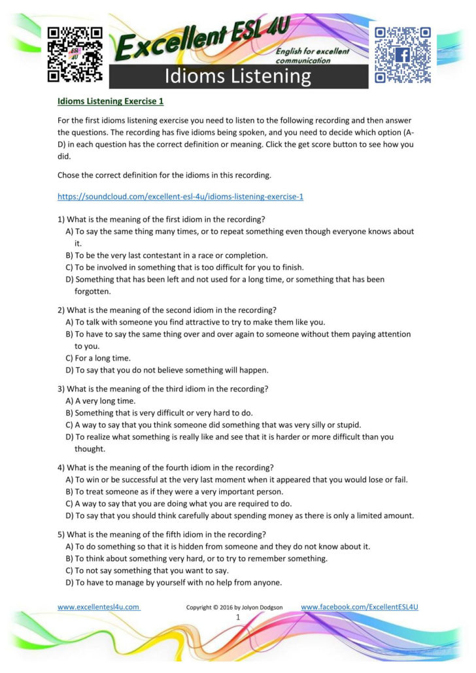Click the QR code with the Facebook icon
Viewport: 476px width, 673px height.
coord(402,55)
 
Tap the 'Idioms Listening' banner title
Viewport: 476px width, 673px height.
coord(238,76)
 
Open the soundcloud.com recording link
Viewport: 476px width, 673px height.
coord(180,196)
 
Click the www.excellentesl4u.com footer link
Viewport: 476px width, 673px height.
coord(99,607)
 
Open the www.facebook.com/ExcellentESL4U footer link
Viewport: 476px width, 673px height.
coord(359,607)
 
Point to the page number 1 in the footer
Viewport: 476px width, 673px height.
coord(238,617)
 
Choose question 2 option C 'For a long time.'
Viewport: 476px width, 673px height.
coord(98,358)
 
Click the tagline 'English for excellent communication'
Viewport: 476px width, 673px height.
coord(313,56)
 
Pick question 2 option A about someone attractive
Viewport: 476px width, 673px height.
coord(195,322)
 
